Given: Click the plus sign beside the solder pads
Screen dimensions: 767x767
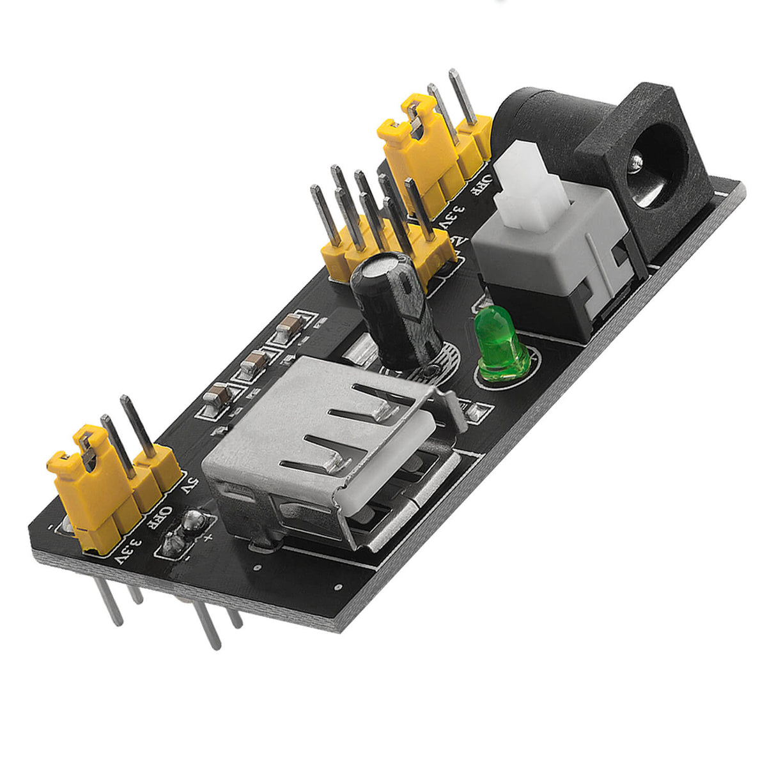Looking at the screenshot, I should pyautogui.click(x=208, y=537).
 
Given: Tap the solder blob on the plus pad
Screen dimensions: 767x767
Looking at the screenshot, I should pyautogui.click(x=192, y=522).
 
